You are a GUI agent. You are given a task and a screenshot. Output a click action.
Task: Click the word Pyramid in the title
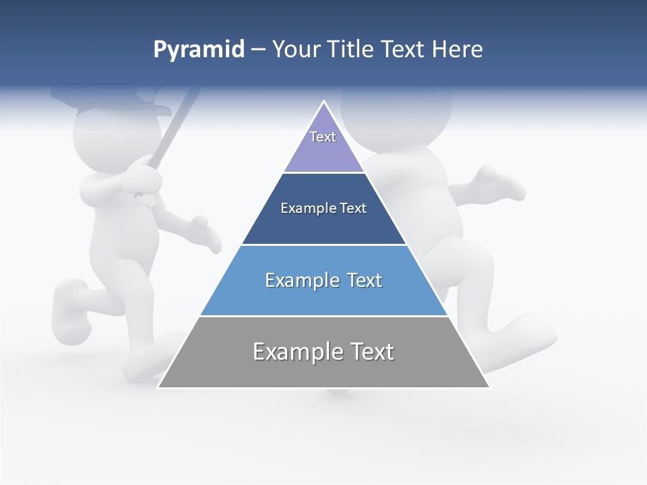click(x=199, y=50)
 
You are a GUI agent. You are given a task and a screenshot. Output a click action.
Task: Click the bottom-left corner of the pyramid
click(x=159, y=387)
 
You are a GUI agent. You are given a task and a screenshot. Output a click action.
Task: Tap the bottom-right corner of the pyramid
click(x=489, y=387)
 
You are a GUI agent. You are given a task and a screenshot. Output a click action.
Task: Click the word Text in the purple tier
click(x=323, y=137)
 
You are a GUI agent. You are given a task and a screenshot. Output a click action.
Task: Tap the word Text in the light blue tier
click(x=365, y=280)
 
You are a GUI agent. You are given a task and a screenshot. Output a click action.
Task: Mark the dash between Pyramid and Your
click(x=258, y=50)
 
